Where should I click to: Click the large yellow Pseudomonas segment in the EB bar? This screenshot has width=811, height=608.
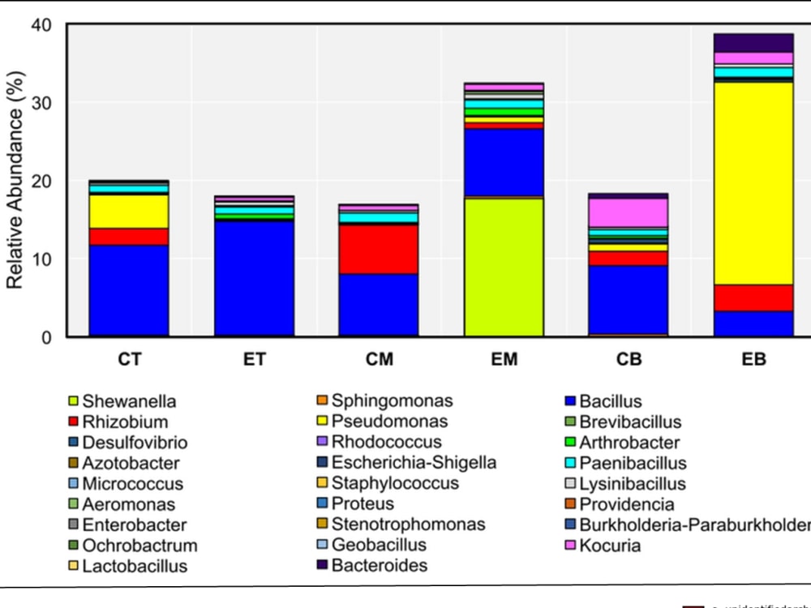coord(753,182)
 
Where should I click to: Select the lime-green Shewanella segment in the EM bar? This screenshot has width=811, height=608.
coord(504,267)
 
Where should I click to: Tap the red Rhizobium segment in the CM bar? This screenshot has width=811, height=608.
coord(379,249)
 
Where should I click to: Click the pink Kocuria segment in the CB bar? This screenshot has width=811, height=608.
coord(629,212)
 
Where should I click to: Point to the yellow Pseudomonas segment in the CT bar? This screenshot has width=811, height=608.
coord(129,212)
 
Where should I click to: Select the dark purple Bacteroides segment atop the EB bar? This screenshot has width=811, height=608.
coord(753,43)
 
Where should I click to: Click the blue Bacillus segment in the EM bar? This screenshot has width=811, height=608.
coord(504,162)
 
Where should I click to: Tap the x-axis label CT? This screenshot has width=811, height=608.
coord(129,359)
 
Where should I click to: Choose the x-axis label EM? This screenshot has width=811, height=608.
coord(504,359)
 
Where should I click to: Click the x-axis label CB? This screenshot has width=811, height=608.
coord(629,359)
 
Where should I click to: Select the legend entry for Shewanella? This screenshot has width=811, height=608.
coord(128,401)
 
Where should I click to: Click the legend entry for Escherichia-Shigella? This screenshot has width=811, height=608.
coord(414,463)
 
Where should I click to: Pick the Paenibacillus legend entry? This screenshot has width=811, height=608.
coord(633,464)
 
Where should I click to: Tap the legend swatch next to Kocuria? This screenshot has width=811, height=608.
coord(571,546)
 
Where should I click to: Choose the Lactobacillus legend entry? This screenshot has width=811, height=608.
coord(134,566)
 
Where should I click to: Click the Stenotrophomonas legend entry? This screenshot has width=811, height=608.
coord(408,525)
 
